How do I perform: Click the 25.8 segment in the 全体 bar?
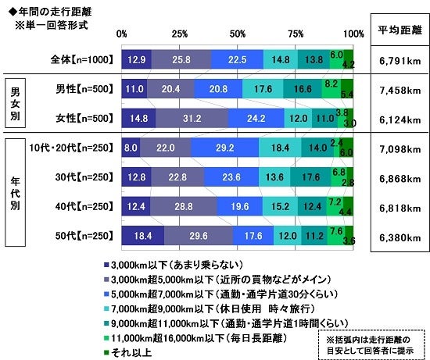click(x=181, y=59)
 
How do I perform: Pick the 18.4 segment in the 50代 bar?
click(x=143, y=233)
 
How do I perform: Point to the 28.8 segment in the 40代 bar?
click(x=183, y=205)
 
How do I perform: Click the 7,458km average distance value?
click(x=399, y=90)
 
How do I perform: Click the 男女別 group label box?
click(x=15, y=105)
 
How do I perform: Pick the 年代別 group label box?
click(x=15, y=191)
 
